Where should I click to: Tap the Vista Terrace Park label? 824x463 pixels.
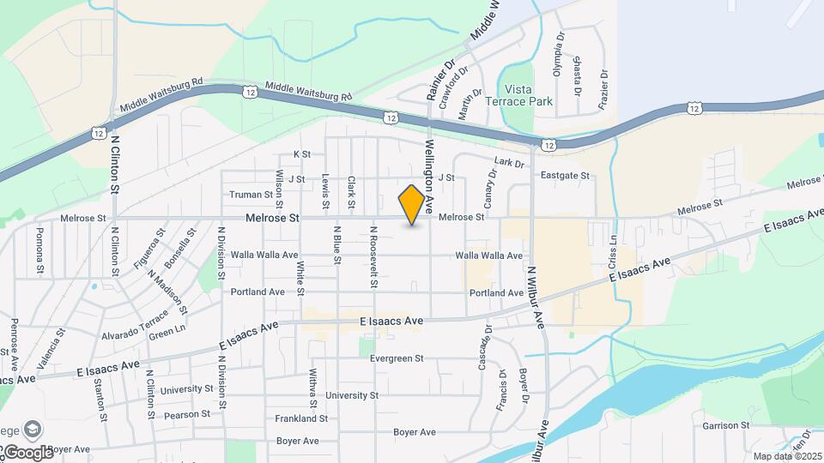530,95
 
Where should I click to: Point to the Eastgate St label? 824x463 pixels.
566,176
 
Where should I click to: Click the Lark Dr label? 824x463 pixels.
509,161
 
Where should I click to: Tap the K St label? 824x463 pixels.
301,154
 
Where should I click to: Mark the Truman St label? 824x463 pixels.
251,195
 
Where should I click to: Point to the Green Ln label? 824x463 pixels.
167,330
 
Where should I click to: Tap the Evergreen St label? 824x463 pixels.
397,359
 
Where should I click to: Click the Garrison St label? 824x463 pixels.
726,425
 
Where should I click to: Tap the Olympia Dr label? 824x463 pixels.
558,54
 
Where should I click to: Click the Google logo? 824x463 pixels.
27,452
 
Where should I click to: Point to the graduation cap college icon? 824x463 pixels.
32,430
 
